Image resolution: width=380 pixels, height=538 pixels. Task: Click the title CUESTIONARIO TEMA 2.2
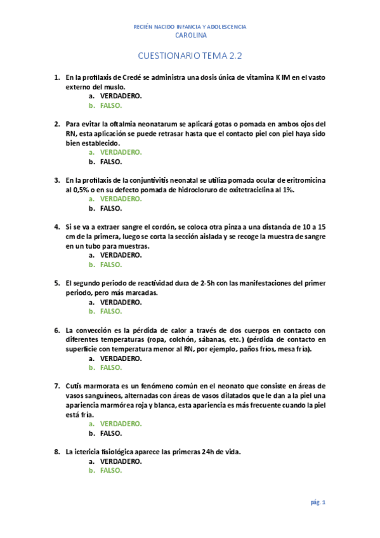pyautogui.click(x=190, y=56)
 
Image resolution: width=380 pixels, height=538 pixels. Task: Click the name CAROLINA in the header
pyautogui.click(x=190, y=36)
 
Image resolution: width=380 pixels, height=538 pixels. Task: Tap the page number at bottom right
pyautogui.click(x=318, y=502)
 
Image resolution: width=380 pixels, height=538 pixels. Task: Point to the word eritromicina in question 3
pyautogui.click(x=303, y=180)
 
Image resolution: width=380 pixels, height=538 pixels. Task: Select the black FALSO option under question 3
pyautogui.click(x=111, y=208)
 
